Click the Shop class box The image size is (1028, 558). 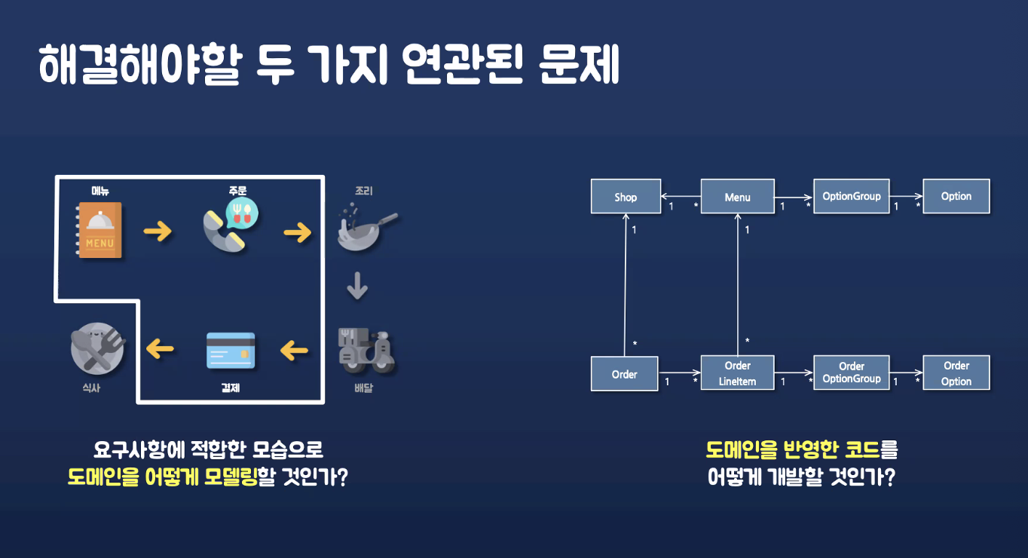(626, 197)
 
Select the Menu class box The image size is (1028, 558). (737, 197)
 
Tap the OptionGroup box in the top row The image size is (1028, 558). (852, 196)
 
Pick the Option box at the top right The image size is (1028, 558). (956, 196)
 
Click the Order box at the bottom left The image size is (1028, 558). (624, 374)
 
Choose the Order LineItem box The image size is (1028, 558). (737, 373)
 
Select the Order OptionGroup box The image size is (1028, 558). (852, 373)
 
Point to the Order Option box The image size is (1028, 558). (956, 373)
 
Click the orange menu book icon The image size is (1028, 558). (100, 230)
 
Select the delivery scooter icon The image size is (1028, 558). (366, 351)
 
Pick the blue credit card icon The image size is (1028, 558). (231, 350)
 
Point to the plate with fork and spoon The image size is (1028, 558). (96, 348)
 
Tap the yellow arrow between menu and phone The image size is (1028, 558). (158, 231)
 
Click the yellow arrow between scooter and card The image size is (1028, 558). (294, 350)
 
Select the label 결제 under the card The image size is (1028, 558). (231, 388)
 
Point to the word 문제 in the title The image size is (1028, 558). (580, 66)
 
